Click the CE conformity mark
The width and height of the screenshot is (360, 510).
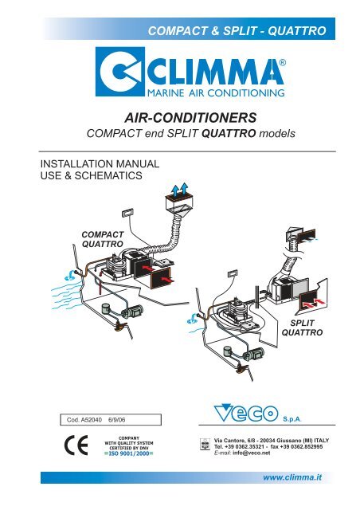(76, 445)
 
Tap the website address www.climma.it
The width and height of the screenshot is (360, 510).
(292, 477)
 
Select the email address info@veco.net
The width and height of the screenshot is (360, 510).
(252, 453)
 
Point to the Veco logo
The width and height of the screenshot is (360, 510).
(246, 413)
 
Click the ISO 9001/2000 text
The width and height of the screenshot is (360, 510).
(129, 453)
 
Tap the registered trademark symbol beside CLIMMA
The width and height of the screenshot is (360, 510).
(283, 63)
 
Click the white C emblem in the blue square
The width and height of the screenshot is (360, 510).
(119, 72)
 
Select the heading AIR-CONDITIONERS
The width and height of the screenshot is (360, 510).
(190, 117)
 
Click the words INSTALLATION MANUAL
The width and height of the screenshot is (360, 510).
(100, 163)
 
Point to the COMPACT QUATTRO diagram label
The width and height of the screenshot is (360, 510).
(103, 239)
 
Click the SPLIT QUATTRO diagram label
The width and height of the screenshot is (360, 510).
(302, 328)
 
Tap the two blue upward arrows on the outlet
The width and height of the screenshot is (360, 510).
(179, 190)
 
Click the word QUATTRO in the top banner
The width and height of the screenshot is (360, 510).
(296, 30)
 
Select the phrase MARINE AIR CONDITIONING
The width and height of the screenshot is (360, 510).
(216, 92)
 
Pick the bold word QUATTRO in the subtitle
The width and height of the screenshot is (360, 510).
(229, 133)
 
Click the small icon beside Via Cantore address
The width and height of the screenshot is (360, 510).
(204, 444)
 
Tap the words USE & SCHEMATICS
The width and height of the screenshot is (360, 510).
(92, 175)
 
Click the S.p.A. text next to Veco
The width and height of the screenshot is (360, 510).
(292, 419)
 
